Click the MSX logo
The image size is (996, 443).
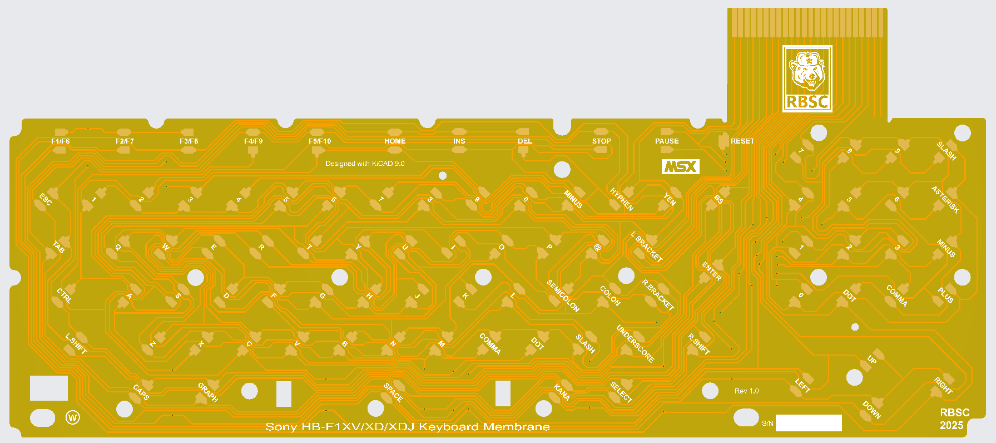tap(680, 166)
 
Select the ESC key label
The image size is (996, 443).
tap(46, 199)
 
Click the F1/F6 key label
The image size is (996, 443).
tap(61, 141)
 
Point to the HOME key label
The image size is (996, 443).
tap(395, 141)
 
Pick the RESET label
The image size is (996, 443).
tap(742, 141)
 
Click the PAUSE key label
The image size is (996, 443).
tap(667, 141)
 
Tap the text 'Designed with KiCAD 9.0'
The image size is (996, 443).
tap(365, 164)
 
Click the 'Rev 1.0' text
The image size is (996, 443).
tap(746, 391)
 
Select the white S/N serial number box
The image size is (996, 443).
tap(809, 423)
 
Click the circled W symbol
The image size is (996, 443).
tap(73, 417)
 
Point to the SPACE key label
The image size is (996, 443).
tap(393, 392)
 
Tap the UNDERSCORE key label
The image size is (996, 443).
tap(635, 344)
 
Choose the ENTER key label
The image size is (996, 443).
tap(711, 271)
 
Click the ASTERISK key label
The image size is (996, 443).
tap(945, 200)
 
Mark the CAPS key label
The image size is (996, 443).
tap(141, 392)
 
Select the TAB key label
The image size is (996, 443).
tap(59, 247)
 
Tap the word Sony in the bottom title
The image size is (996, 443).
tap(281, 427)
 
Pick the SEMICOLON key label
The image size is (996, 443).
tap(563, 296)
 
